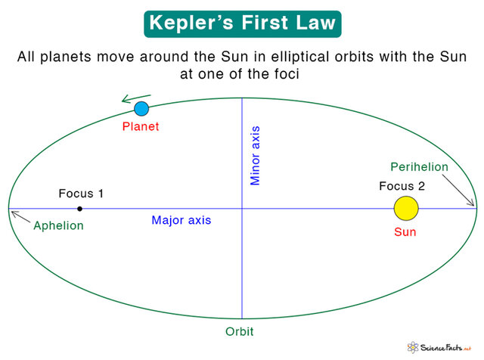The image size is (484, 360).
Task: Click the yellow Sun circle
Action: coord(406,208)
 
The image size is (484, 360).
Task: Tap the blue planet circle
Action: coord(141,108)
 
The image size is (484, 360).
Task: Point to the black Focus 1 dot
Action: coord(79,208)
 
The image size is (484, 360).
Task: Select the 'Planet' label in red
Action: coord(141,126)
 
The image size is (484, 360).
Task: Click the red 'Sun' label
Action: coord(405,232)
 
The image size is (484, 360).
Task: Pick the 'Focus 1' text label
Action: coord(81,194)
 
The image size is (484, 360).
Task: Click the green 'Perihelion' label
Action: coord(419,167)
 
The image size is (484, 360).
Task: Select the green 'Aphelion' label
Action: coord(58,225)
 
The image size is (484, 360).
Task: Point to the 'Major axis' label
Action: coord(181,221)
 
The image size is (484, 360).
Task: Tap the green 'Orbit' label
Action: coord(239,332)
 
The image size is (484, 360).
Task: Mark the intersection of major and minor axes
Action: coord(242,208)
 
